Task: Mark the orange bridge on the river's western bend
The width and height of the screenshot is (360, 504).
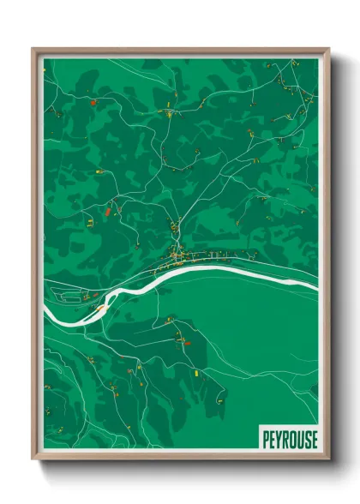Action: (101, 303)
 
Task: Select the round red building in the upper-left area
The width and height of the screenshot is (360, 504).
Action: (93, 102)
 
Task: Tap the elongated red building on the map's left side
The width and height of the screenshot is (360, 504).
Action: (107, 209)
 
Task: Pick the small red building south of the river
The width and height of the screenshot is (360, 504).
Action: (187, 342)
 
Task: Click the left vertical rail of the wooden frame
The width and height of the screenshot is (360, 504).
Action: (36, 257)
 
